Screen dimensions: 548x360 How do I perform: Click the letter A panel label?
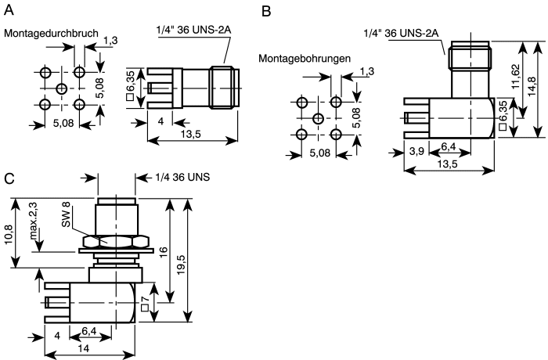pos(9,10)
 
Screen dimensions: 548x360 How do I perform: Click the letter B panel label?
pos(266,12)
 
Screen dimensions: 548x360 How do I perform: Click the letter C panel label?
pos(9,178)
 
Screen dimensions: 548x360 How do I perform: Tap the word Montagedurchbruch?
pos(51,33)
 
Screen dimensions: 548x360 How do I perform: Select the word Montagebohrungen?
pos(305,59)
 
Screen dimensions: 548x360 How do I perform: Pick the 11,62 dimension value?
pos(515,77)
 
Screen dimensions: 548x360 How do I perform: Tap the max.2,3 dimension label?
pos(34,221)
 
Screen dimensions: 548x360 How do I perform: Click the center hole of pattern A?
pos(62,88)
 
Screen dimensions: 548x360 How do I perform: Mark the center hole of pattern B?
pos(318,119)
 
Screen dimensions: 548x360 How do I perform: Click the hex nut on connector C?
pos(116,242)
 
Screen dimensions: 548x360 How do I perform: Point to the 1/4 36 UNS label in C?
pos(182,177)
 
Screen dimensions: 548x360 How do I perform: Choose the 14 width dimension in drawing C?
pos(85,348)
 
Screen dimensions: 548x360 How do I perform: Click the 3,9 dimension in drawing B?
pos(416,151)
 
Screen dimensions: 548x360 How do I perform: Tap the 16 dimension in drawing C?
pos(163,252)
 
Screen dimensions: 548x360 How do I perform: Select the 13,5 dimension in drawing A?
pos(191,134)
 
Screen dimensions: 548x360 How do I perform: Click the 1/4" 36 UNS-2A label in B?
pos(401,33)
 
